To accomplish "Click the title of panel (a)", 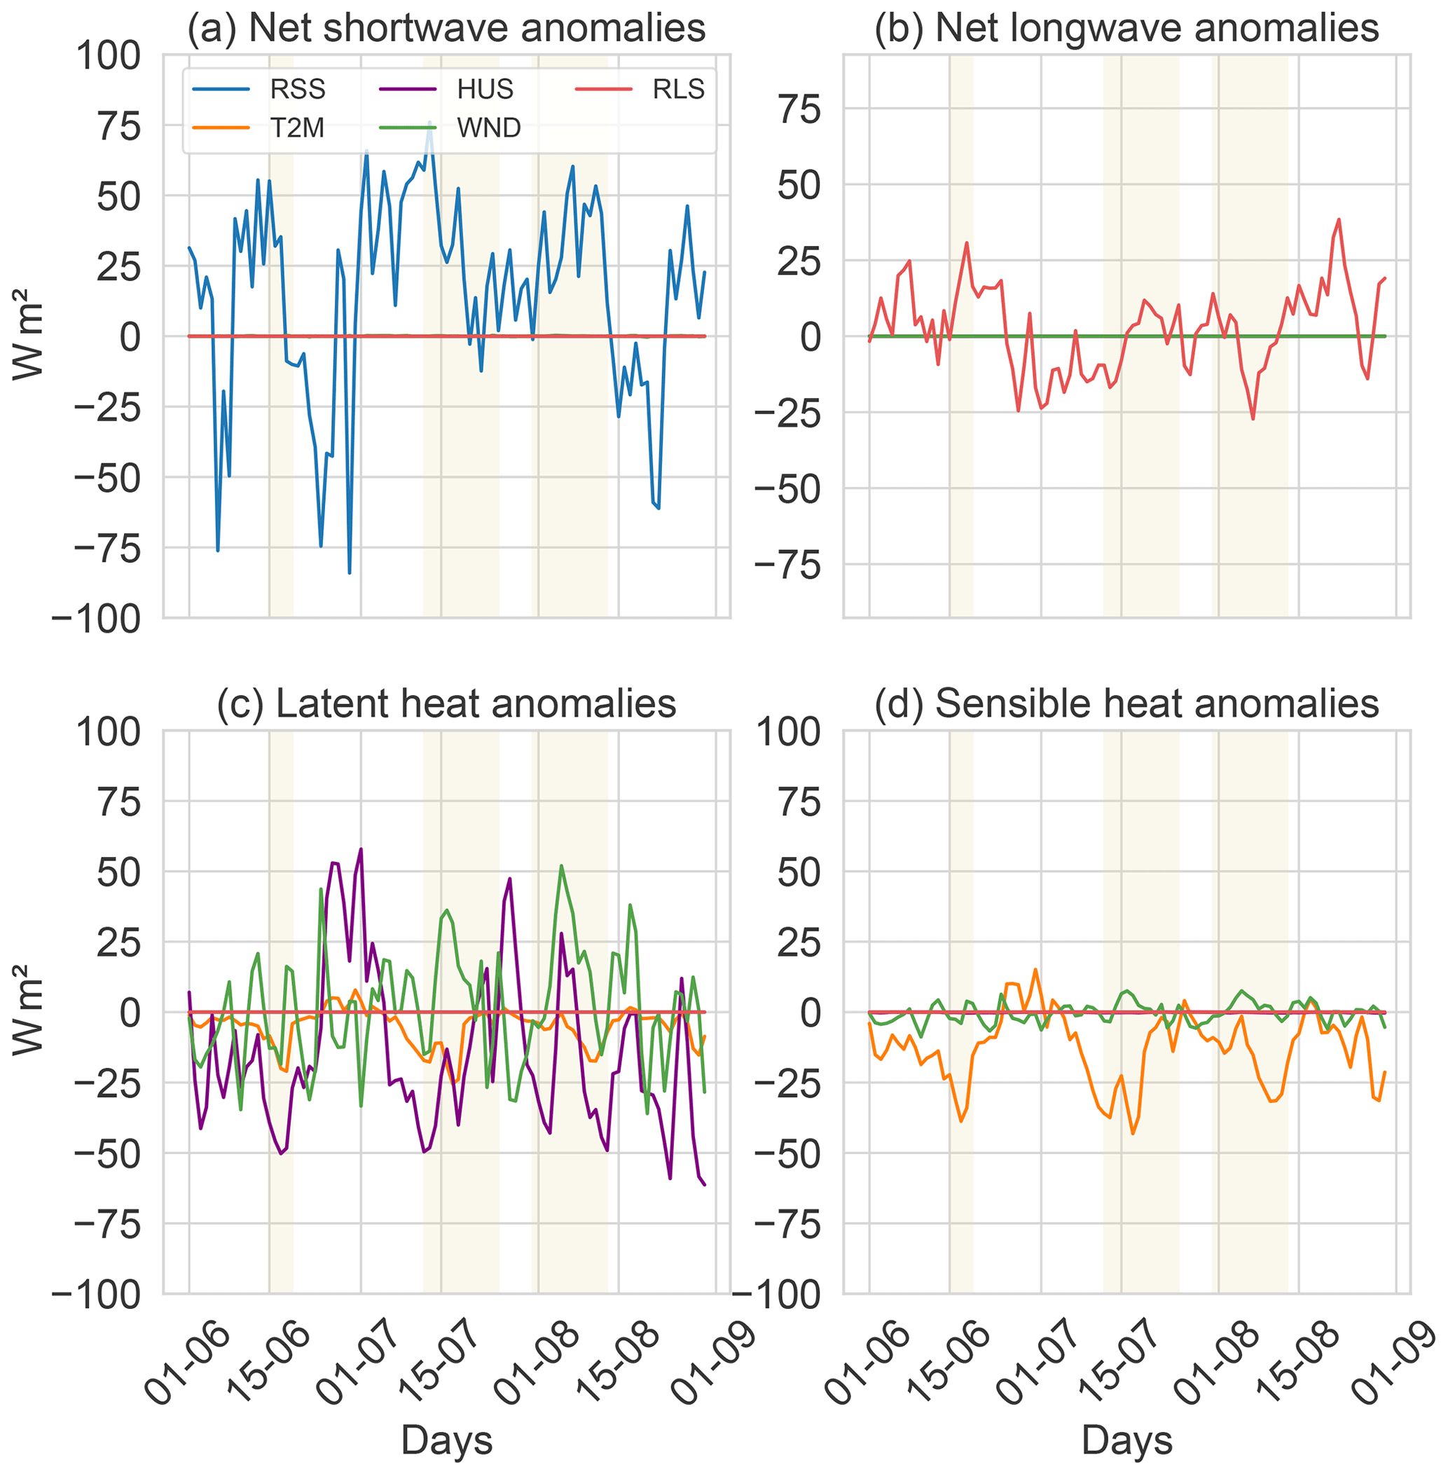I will (x=446, y=28).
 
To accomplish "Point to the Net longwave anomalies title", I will (x=1126, y=28).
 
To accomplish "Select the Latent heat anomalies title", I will (x=446, y=703).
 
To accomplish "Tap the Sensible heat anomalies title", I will (x=1126, y=703).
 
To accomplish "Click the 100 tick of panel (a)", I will (x=108, y=56).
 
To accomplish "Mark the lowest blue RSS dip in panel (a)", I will (x=349, y=572).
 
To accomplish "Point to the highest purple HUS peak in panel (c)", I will (x=361, y=849).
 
